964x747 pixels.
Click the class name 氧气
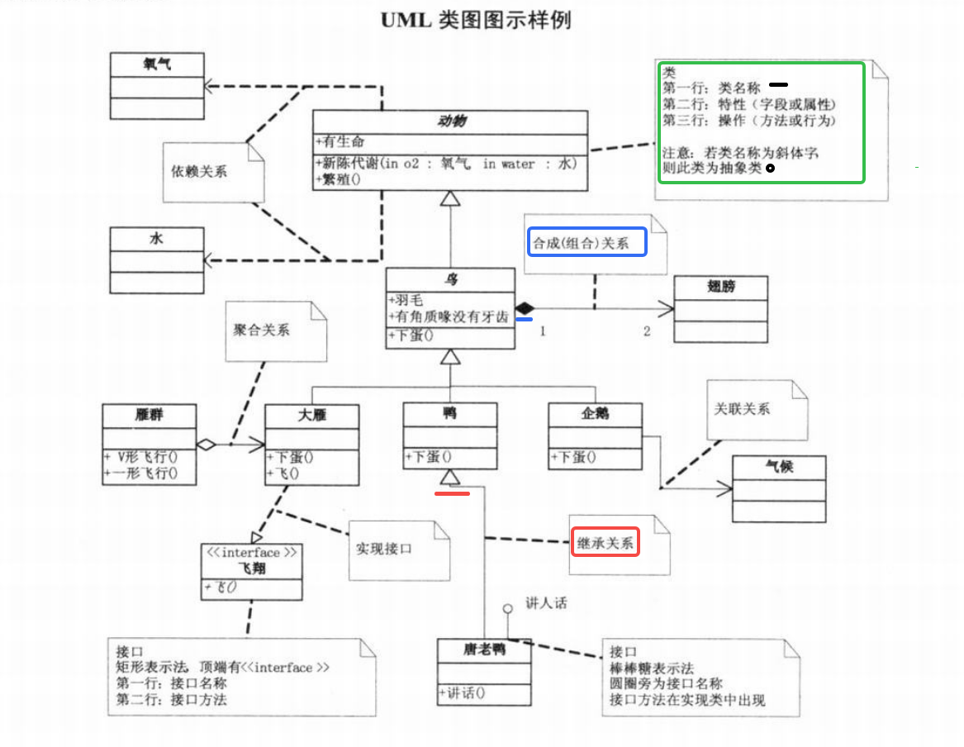pyautogui.click(x=157, y=64)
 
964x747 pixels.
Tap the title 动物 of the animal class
pyautogui.click(x=451, y=121)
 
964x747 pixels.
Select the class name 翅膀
pyautogui.click(x=722, y=287)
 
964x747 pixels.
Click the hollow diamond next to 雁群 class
pyautogui.click(x=207, y=445)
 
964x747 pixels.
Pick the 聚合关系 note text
pyautogui.click(x=262, y=330)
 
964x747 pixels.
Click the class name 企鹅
pyautogui.click(x=595, y=413)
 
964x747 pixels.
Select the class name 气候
pyautogui.click(x=780, y=467)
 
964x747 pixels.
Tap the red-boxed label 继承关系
pyautogui.click(x=605, y=543)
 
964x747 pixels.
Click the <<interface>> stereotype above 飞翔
pyautogui.click(x=252, y=552)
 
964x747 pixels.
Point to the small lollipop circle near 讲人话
pyautogui.click(x=510, y=610)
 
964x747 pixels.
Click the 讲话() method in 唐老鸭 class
pyautogui.click(x=463, y=693)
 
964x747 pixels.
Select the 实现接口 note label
pyautogui.click(x=383, y=549)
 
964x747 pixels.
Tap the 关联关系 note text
pyautogui.click(x=742, y=408)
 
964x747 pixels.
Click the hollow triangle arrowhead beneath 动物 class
pyautogui.click(x=449, y=198)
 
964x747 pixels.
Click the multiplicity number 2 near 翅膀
pyautogui.click(x=647, y=331)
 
